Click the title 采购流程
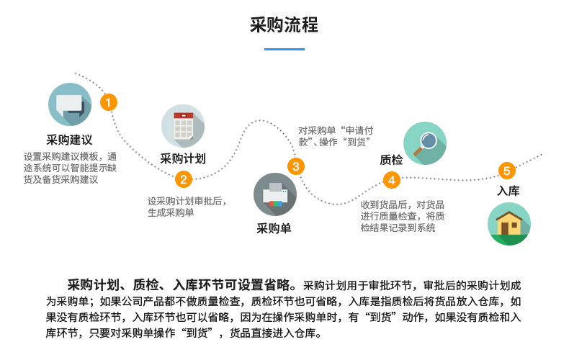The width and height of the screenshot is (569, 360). point(284,25)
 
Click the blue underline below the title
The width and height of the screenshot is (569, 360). point(284,49)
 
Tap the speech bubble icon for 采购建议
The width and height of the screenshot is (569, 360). point(70,104)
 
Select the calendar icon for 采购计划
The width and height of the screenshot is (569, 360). point(182,127)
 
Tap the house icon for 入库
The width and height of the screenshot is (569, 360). point(508,224)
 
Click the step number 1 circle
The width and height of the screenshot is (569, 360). point(108,102)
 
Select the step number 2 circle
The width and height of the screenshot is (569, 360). point(184,179)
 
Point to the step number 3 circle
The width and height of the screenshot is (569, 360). point(295,167)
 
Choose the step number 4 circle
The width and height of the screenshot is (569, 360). point(392,180)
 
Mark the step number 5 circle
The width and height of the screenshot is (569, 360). point(507,171)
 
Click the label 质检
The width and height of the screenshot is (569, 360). point(390,160)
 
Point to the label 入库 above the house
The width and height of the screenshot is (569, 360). point(508,192)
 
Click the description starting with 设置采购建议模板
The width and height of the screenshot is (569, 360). point(69,168)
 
